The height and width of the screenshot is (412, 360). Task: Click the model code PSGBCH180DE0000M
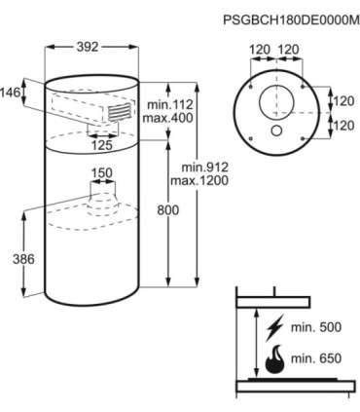tap(291, 19)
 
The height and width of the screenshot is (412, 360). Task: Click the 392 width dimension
tap(88, 47)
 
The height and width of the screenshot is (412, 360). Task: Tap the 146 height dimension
tap(10, 93)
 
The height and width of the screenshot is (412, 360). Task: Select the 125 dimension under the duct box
tap(102, 145)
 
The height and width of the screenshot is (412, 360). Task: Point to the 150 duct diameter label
tap(101, 173)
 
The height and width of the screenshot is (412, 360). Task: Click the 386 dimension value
tap(23, 259)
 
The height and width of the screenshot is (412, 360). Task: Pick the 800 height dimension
tap(168, 210)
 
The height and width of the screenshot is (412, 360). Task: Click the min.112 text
tap(170, 104)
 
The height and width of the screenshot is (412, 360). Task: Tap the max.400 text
tap(168, 118)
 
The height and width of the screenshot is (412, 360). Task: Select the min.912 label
tap(205, 168)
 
